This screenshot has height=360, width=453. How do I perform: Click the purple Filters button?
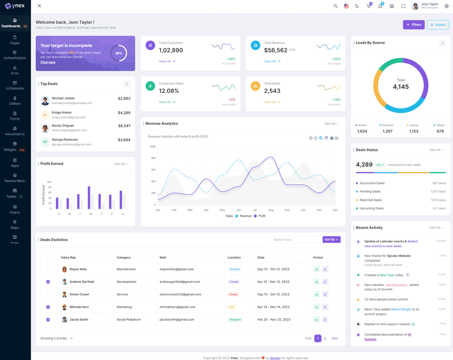pyautogui.click(x=413, y=25)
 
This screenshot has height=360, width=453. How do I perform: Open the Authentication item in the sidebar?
pyautogui.click(x=15, y=55)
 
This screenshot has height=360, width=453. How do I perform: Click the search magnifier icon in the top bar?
pyautogui.click(x=335, y=6)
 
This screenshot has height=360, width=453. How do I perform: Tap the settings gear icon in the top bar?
pyautogui.click(x=446, y=6)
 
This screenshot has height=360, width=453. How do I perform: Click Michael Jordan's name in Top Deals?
pyautogui.click(x=63, y=98)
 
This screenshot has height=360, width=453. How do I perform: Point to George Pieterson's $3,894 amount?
pyautogui.click(x=124, y=139)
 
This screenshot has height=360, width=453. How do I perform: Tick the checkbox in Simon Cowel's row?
pyautogui.click(x=48, y=294)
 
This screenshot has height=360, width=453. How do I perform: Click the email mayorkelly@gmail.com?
pyautogui.click(x=177, y=269)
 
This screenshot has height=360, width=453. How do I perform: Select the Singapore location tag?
pyautogui.click(x=234, y=319)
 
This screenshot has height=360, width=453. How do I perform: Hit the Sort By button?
pyautogui.click(x=331, y=239)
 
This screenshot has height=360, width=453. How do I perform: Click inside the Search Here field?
pyautogui.click(x=294, y=239)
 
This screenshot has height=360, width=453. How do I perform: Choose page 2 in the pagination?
pyautogui.click(x=325, y=338)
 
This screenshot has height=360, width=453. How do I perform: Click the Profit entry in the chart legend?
pyautogui.click(x=261, y=216)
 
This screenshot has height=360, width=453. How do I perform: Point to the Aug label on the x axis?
pyautogui.click(x=271, y=210)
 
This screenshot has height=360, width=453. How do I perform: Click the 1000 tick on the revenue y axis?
pyautogui.click(x=152, y=147)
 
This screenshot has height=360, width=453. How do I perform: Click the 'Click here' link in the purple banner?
pyautogui.click(x=48, y=62)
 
